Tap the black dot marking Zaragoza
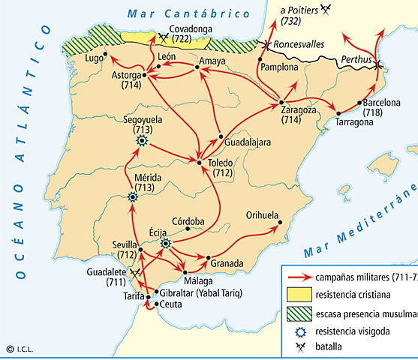point(281,101)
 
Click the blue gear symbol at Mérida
point(133,197)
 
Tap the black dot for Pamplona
point(260,58)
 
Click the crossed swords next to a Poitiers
point(325,9)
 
